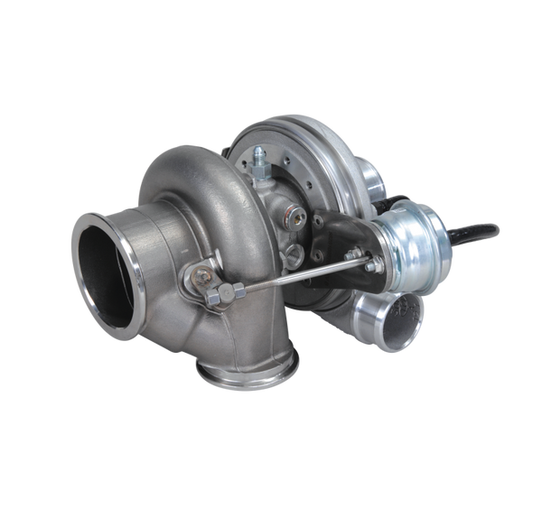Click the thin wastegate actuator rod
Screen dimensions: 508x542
tap(298, 274)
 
